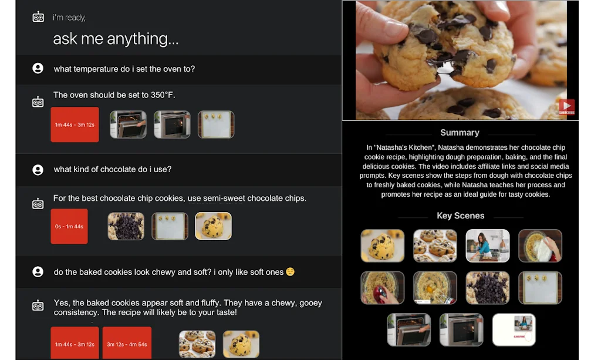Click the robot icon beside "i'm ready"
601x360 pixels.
click(38, 17)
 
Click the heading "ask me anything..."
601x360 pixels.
click(116, 39)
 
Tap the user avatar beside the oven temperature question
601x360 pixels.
click(38, 69)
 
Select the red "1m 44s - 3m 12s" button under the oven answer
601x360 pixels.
click(75, 125)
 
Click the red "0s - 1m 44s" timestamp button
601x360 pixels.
click(69, 226)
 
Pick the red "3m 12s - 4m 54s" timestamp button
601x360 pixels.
click(127, 344)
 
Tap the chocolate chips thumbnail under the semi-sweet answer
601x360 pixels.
click(126, 226)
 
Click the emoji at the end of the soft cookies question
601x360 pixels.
click(289, 272)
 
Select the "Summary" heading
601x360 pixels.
click(460, 133)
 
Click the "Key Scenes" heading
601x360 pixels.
click(460, 216)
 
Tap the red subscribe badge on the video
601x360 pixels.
click(566, 107)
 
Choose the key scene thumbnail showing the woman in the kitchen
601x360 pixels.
click(487, 245)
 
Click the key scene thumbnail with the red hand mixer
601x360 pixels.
click(382, 287)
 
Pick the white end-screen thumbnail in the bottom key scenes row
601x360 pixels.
click(514, 329)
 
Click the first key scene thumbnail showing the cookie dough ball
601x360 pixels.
click(382, 245)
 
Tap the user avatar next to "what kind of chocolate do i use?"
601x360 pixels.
click(38, 170)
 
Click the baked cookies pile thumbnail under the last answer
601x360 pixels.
click(197, 344)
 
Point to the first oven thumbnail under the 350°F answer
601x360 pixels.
click(128, 125)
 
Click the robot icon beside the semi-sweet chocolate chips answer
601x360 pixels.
click(38, 204)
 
